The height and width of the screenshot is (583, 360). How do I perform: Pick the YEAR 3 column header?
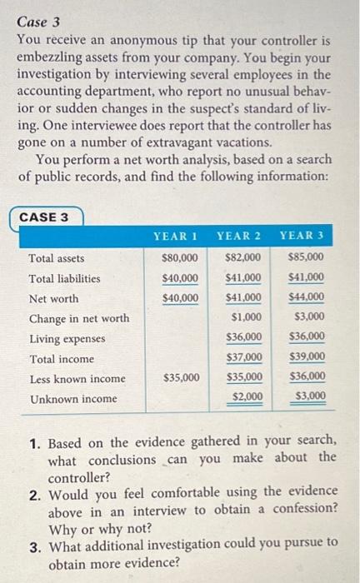tap(302, 236)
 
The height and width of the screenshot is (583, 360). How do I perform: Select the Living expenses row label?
tap(67, 339)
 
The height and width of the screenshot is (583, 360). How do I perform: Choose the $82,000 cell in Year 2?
tap(244, 258)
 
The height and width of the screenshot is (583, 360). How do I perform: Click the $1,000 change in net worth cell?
tap(247, 317)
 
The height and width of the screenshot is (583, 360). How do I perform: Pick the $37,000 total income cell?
tap(244, 358)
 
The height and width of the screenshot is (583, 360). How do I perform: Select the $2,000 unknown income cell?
tap(247, 397)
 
